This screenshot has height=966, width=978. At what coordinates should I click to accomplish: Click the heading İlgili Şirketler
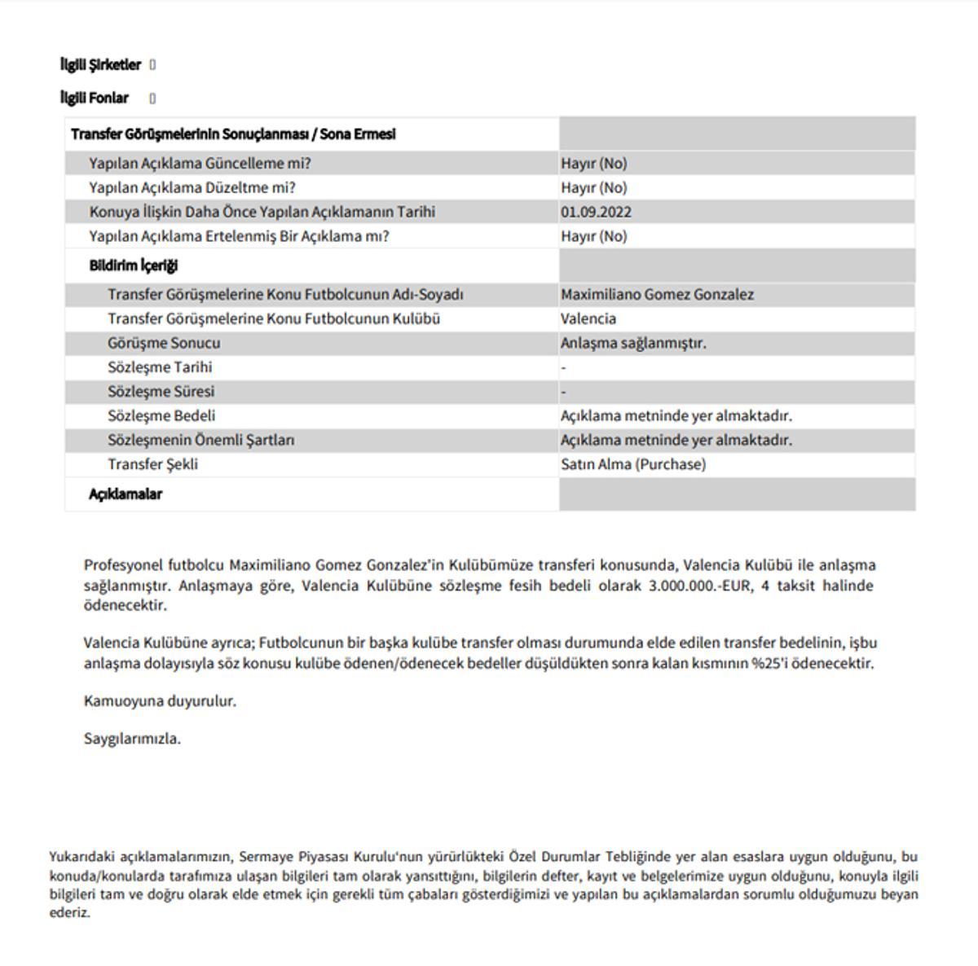pyautogui.click(x=101, y=64)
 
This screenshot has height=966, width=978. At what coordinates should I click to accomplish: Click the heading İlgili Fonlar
pyautogui.click(x=95, y=98)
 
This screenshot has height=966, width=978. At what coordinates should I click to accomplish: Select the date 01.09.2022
pyautogui.click(x=596, y=212)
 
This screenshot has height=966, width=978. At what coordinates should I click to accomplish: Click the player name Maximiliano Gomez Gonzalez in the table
pyautogui.click(x=657, y=294)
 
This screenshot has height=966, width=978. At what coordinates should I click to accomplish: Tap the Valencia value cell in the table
pyautogui.click(x=588, y=318)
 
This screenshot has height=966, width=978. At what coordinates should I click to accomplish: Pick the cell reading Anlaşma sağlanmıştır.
pyautogui.click(x=633, y=343)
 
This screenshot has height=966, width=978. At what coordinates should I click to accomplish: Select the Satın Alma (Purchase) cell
pyautogui.click(x=633, y=464)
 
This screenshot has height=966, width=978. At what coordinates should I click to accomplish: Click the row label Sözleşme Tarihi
pyautogui.click(x=160, y=367)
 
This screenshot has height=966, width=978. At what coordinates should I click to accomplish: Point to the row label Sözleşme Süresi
pyautogui.click(x=161, y=391)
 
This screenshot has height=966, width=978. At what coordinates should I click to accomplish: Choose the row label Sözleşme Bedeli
pyautogui.click(x=161, y=415)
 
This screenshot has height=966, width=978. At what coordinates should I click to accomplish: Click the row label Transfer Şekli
pyautogui.click(x=152, y=464)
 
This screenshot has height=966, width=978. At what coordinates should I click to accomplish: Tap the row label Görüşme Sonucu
pyautogui.click(x=164, y=343)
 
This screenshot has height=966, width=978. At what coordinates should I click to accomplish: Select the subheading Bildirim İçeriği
pyautogui.click(x=133, y=266)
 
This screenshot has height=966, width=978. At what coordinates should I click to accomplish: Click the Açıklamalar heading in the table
pyautogui.click(x=126, y=494)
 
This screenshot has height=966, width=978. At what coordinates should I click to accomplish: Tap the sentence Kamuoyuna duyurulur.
pyautogui.click(x=160, y=700)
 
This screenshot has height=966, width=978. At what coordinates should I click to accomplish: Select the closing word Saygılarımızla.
pyautogui.click(x=132, y=739)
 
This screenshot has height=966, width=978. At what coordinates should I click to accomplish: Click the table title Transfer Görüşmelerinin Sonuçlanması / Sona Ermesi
pyautogui.click(x=233, y=134)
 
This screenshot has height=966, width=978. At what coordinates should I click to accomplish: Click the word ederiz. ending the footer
pyautogui.click(x=69, y=912)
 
